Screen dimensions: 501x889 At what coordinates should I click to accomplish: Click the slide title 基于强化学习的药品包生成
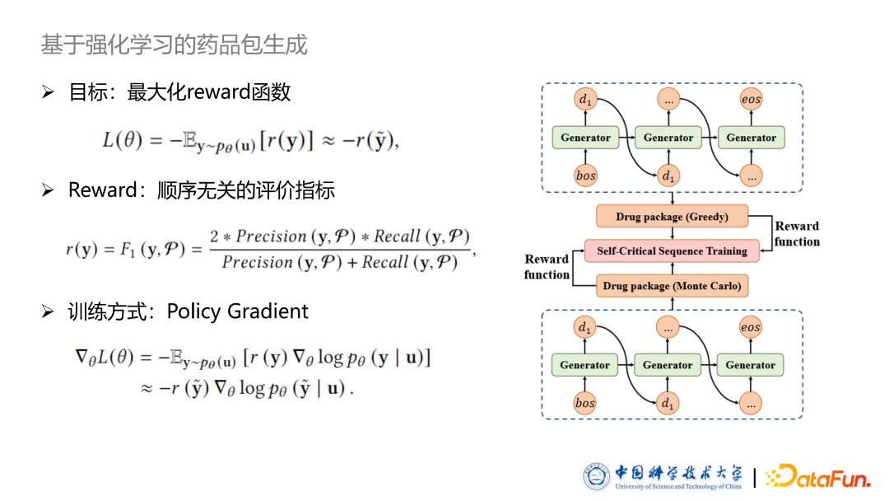pos(175,44)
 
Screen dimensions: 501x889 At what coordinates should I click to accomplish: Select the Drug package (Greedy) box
pos(672,217)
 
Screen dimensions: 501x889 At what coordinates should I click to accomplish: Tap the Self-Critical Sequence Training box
pos(672,251)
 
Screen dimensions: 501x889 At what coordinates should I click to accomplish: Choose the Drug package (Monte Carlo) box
pos(672,286)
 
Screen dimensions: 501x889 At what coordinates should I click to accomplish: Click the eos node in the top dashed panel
pos(751,100)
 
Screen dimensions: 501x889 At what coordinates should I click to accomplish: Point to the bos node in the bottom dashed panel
pos(585,404)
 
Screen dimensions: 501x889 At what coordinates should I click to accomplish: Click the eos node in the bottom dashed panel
pos(751,328)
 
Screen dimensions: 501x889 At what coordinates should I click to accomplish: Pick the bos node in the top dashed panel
pos(585,176)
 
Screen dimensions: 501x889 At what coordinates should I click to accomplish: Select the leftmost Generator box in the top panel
pos(585,138)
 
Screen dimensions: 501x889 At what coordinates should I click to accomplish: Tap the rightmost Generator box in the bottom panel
pos(751,365)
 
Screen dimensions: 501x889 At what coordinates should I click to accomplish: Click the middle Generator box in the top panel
pos(668,138)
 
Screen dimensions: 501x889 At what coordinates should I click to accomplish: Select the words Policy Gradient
pos(237,311)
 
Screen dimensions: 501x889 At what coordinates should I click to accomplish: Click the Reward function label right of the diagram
pos(797,234)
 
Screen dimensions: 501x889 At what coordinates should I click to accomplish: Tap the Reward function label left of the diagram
pos(547,267)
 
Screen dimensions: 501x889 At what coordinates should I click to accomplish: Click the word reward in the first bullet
pos(217,92)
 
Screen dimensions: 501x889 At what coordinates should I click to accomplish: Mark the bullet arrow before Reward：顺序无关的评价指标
pos(48,191)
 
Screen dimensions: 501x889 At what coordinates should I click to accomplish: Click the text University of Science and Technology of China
pos(677,486)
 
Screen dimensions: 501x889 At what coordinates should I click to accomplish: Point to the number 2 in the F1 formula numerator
pos(214,237)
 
